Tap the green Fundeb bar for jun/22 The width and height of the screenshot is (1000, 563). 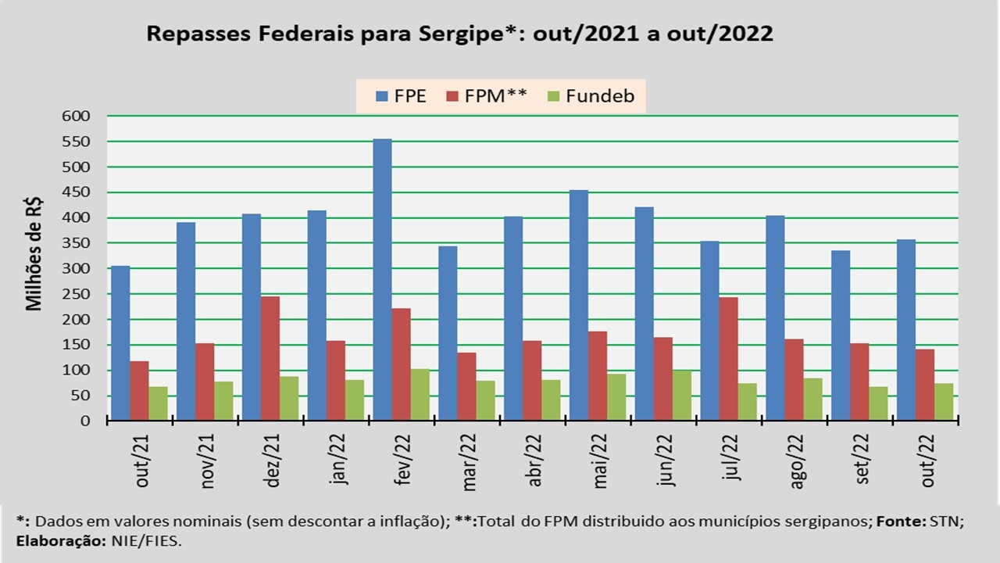point(681,396)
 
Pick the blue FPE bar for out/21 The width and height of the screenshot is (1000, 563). point(120,343)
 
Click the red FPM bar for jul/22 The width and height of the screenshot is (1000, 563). point(728,359)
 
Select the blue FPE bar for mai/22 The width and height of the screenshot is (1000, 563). point(578,305)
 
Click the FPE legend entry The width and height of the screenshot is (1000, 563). point(401,97)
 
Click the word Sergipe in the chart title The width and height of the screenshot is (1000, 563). point(456,34)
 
